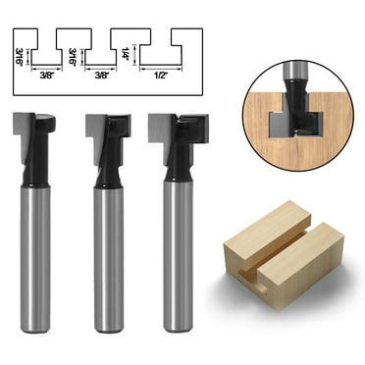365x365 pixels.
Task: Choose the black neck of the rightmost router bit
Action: [x=178, y=167]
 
